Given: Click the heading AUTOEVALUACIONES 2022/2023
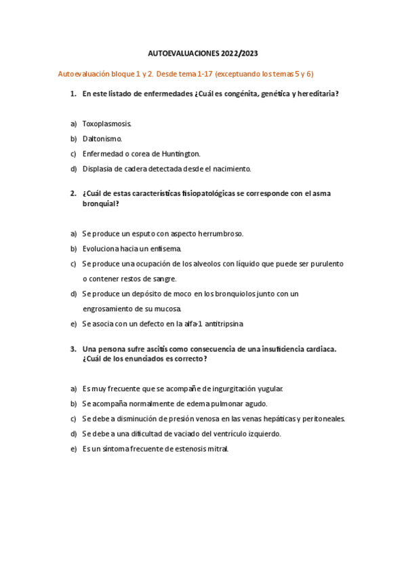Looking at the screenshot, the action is (x=203, y=53).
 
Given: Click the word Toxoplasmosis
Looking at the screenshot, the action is (x=106, y=123).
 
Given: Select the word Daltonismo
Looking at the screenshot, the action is (x=102, y=138).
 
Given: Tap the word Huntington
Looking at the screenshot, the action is (x=179, y=153).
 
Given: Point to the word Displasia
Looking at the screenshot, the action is (x=98, y=168).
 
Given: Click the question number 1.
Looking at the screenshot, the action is (x=73, y=94).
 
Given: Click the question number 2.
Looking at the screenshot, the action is (x=73, y=193).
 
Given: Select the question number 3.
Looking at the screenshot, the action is (x=73, y=349).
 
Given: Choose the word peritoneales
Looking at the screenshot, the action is (x=322, y=419).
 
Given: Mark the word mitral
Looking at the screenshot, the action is (x=219, y=449).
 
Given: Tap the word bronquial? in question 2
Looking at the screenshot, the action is (x=100, y=203).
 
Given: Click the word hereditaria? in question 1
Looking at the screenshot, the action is (x=314, y=94).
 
